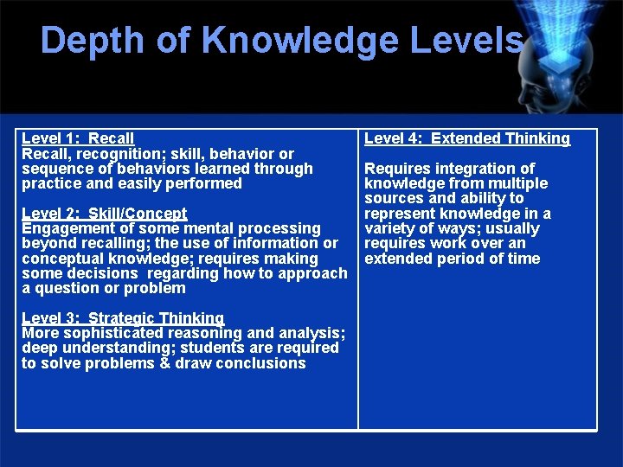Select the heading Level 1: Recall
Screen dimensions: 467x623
[x=78, y=138]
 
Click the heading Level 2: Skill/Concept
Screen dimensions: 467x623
[x=104, y=214]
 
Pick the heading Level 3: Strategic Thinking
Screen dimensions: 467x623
[x=123, y=318]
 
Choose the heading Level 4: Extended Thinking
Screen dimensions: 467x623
[x=467, y=138]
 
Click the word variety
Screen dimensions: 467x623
[x=389, y=229]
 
